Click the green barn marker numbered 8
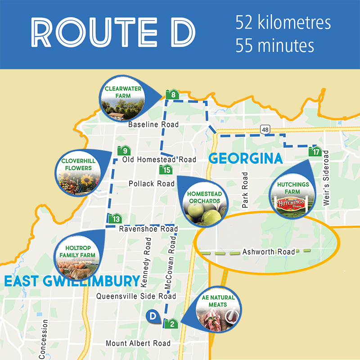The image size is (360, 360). point(173,94)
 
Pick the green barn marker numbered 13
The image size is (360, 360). point(116,219)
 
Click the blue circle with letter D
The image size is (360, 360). point(153,316)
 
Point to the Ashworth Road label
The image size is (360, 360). point(269,252)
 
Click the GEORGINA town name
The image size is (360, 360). point(246,159)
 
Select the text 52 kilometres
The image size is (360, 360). point(283,23)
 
